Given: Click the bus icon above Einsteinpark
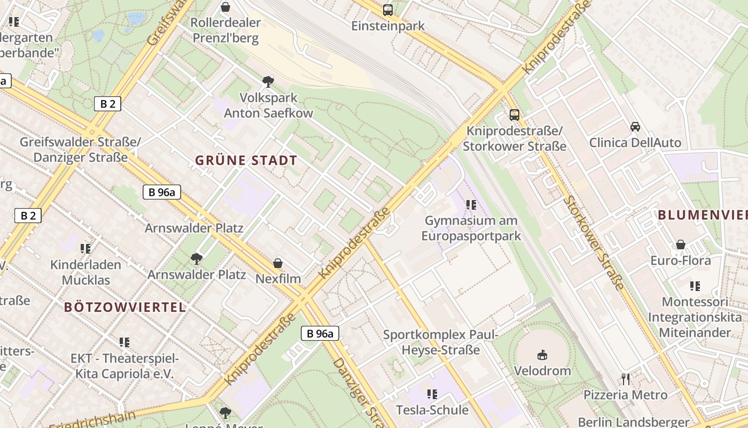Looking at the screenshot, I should (388, 10).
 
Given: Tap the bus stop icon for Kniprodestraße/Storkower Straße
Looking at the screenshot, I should (514, 114).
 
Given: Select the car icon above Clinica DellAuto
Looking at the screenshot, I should (635, 127).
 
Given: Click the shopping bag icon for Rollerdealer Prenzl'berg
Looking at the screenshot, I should (225, 7).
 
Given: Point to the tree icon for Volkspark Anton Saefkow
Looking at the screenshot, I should (268, 82).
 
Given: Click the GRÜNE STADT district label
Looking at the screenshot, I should (246, 160).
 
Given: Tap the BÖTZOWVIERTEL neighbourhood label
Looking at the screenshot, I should (125, 307).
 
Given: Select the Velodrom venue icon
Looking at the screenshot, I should (542, 354).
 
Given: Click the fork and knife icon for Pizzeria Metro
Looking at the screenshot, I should (626, 379).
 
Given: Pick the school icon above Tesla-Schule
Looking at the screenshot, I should (432, 394).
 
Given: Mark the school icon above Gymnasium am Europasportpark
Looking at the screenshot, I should (471, 205).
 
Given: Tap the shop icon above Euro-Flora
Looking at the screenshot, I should (681, 244).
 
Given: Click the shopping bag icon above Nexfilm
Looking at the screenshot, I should (278, 263).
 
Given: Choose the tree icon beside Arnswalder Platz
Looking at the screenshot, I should (197, 259).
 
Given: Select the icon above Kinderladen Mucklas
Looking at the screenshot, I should (85, 249).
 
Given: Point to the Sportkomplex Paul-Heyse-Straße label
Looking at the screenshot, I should (440, 342).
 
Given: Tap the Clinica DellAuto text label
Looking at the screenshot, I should (635, 142).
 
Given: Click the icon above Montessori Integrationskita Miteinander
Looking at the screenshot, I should (695, 286).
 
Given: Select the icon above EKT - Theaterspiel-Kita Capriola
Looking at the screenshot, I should (124, 342).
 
